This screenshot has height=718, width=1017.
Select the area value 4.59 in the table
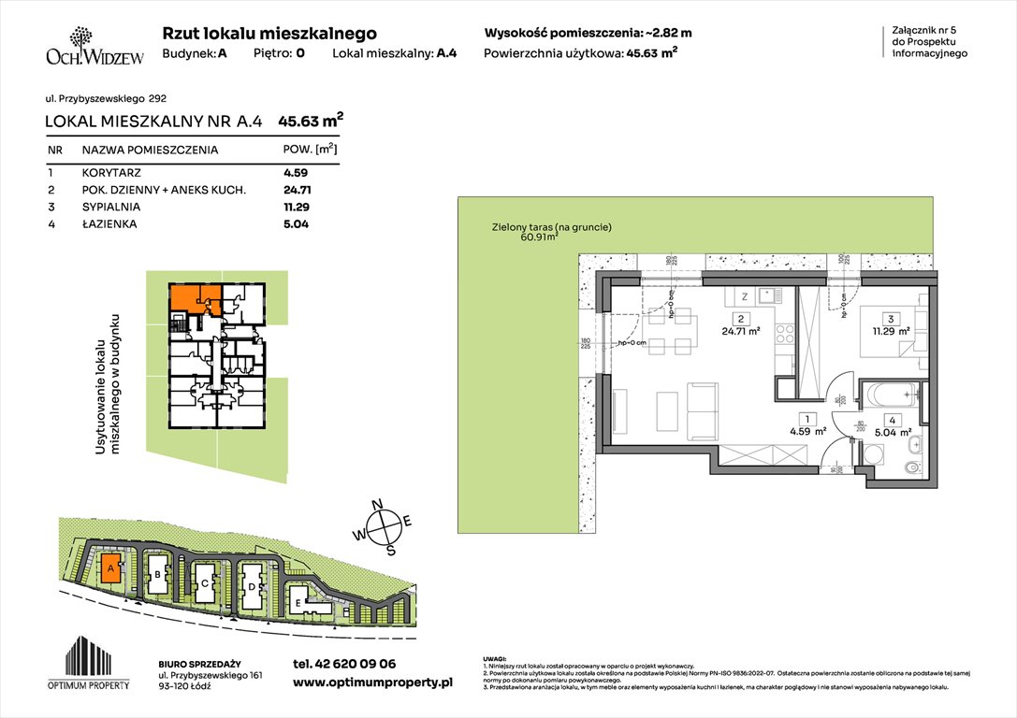[296, 173]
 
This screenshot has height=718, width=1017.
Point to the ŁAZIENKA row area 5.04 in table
[296, 224]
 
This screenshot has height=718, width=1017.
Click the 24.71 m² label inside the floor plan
[739, 330]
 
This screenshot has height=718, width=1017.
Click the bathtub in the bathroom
[893, 394]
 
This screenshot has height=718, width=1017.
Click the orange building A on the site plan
[110, 567]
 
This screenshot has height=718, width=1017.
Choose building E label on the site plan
[298, 602]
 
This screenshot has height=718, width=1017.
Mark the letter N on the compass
[379, 506]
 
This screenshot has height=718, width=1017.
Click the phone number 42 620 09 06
[345, 663]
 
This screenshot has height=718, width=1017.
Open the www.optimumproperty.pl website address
[372, 683]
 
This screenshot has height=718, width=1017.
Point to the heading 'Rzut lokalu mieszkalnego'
[269, 33]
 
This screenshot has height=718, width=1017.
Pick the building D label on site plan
[252, 586]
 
